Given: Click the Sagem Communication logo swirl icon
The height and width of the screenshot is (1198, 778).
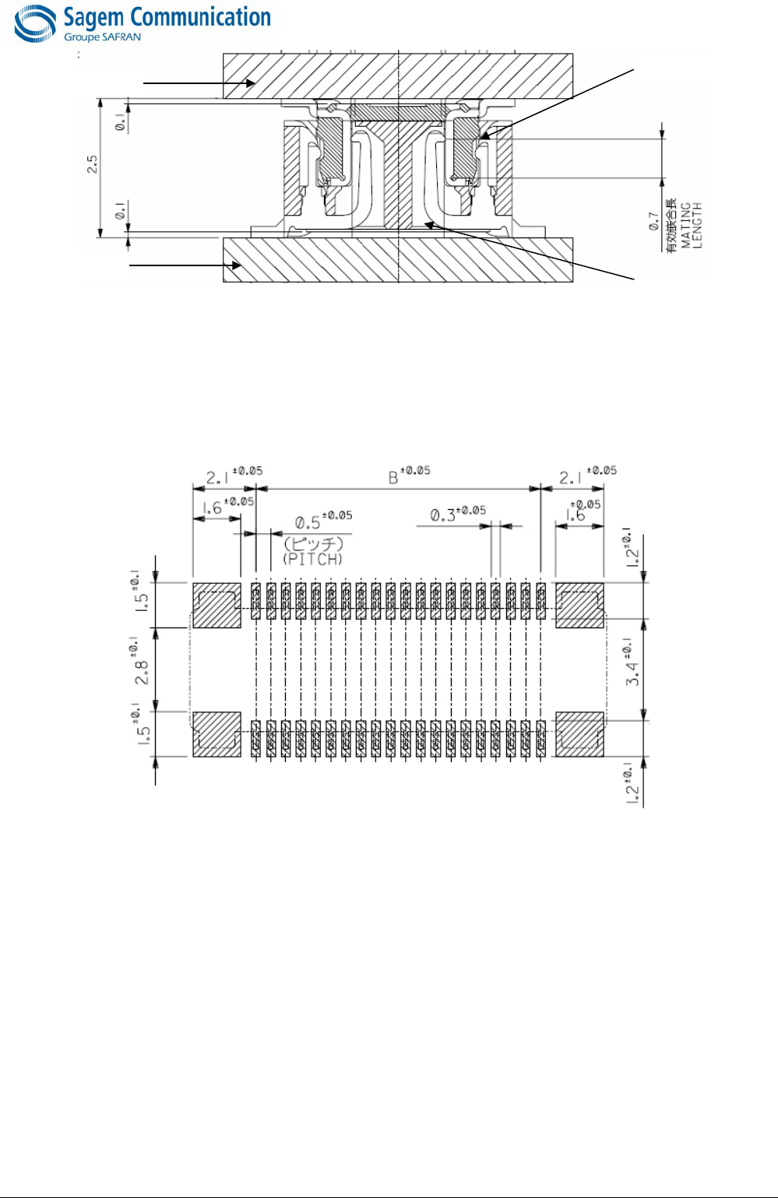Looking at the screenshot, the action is click(35, 24).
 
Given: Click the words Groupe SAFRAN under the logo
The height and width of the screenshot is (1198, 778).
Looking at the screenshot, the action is click(102, 37).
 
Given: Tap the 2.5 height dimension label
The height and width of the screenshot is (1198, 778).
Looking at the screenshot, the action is click(93, 164).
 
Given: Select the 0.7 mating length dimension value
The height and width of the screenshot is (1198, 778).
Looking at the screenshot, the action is click(654, 223).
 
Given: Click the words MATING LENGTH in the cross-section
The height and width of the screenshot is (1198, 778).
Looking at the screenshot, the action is click(692, 225).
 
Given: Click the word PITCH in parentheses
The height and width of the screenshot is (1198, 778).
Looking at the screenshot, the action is click(313, 558).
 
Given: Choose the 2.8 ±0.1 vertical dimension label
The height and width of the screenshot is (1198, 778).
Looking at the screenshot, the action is click(141, 669).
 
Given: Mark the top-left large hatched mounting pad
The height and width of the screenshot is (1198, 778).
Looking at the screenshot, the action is click(217, 605).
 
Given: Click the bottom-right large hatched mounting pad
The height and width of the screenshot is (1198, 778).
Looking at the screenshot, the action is click(579, 734).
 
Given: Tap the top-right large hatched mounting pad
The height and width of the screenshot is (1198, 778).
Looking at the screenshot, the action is click(579, 605).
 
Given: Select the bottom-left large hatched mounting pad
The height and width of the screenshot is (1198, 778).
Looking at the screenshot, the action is click(217, 734).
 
